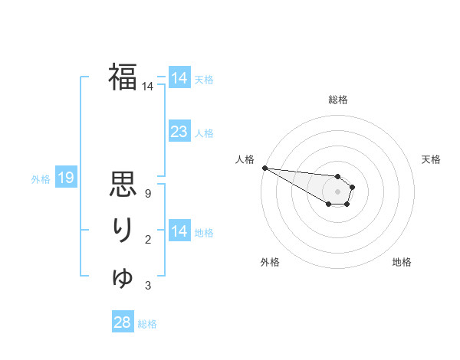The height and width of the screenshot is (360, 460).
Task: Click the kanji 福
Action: click(123, 77)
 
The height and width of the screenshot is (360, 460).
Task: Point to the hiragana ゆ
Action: click(123, 277)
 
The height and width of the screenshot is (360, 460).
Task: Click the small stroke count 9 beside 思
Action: click(148, 194)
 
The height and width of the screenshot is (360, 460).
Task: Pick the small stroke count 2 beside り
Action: click(148, 241)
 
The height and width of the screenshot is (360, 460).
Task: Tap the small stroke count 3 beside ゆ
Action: click(148, 286)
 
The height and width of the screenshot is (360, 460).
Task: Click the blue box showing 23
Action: click(179, 132)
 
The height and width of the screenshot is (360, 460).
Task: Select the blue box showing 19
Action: click(65, 178)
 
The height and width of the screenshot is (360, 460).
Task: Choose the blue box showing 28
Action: click(122, 322)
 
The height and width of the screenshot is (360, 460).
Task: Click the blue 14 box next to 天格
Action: click(179, 78)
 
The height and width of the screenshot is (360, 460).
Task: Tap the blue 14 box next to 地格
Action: click(179, 231)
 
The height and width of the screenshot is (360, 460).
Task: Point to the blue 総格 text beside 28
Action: click(147, 324)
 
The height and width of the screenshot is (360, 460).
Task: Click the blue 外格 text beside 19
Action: click(41, 179)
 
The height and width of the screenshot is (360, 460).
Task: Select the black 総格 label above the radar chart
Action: click(338, 100)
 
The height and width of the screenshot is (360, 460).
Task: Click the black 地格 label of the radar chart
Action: click(402, 262)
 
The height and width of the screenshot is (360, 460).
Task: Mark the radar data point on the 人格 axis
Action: click(264, 168)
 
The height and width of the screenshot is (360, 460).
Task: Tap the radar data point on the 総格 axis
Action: click(338, 176)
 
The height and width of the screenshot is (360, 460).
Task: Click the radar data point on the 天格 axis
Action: click(352, 186)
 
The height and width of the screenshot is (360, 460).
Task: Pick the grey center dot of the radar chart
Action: click(338, 191)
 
